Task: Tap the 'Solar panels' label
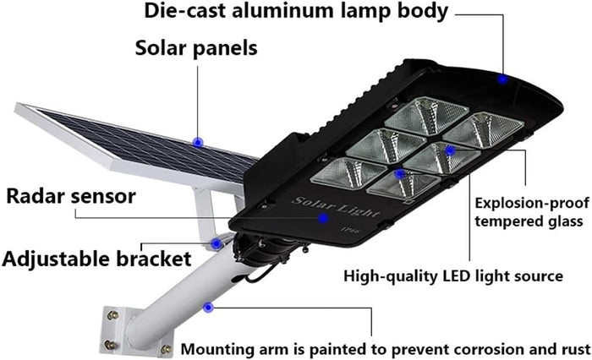pos(196,47)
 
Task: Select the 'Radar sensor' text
pos(70,197)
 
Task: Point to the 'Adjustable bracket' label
pos(96,258)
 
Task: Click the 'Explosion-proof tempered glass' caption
pos(527,212)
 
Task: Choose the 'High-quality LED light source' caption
pos(453,275)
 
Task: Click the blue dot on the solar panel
pos(198,142)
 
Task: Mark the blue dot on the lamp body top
pos(502,79)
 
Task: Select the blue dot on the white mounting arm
pos(208,306)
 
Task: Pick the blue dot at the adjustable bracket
pos(217,243)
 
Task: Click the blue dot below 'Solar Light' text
pos(322,217)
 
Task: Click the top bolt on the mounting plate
pos(111,315)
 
